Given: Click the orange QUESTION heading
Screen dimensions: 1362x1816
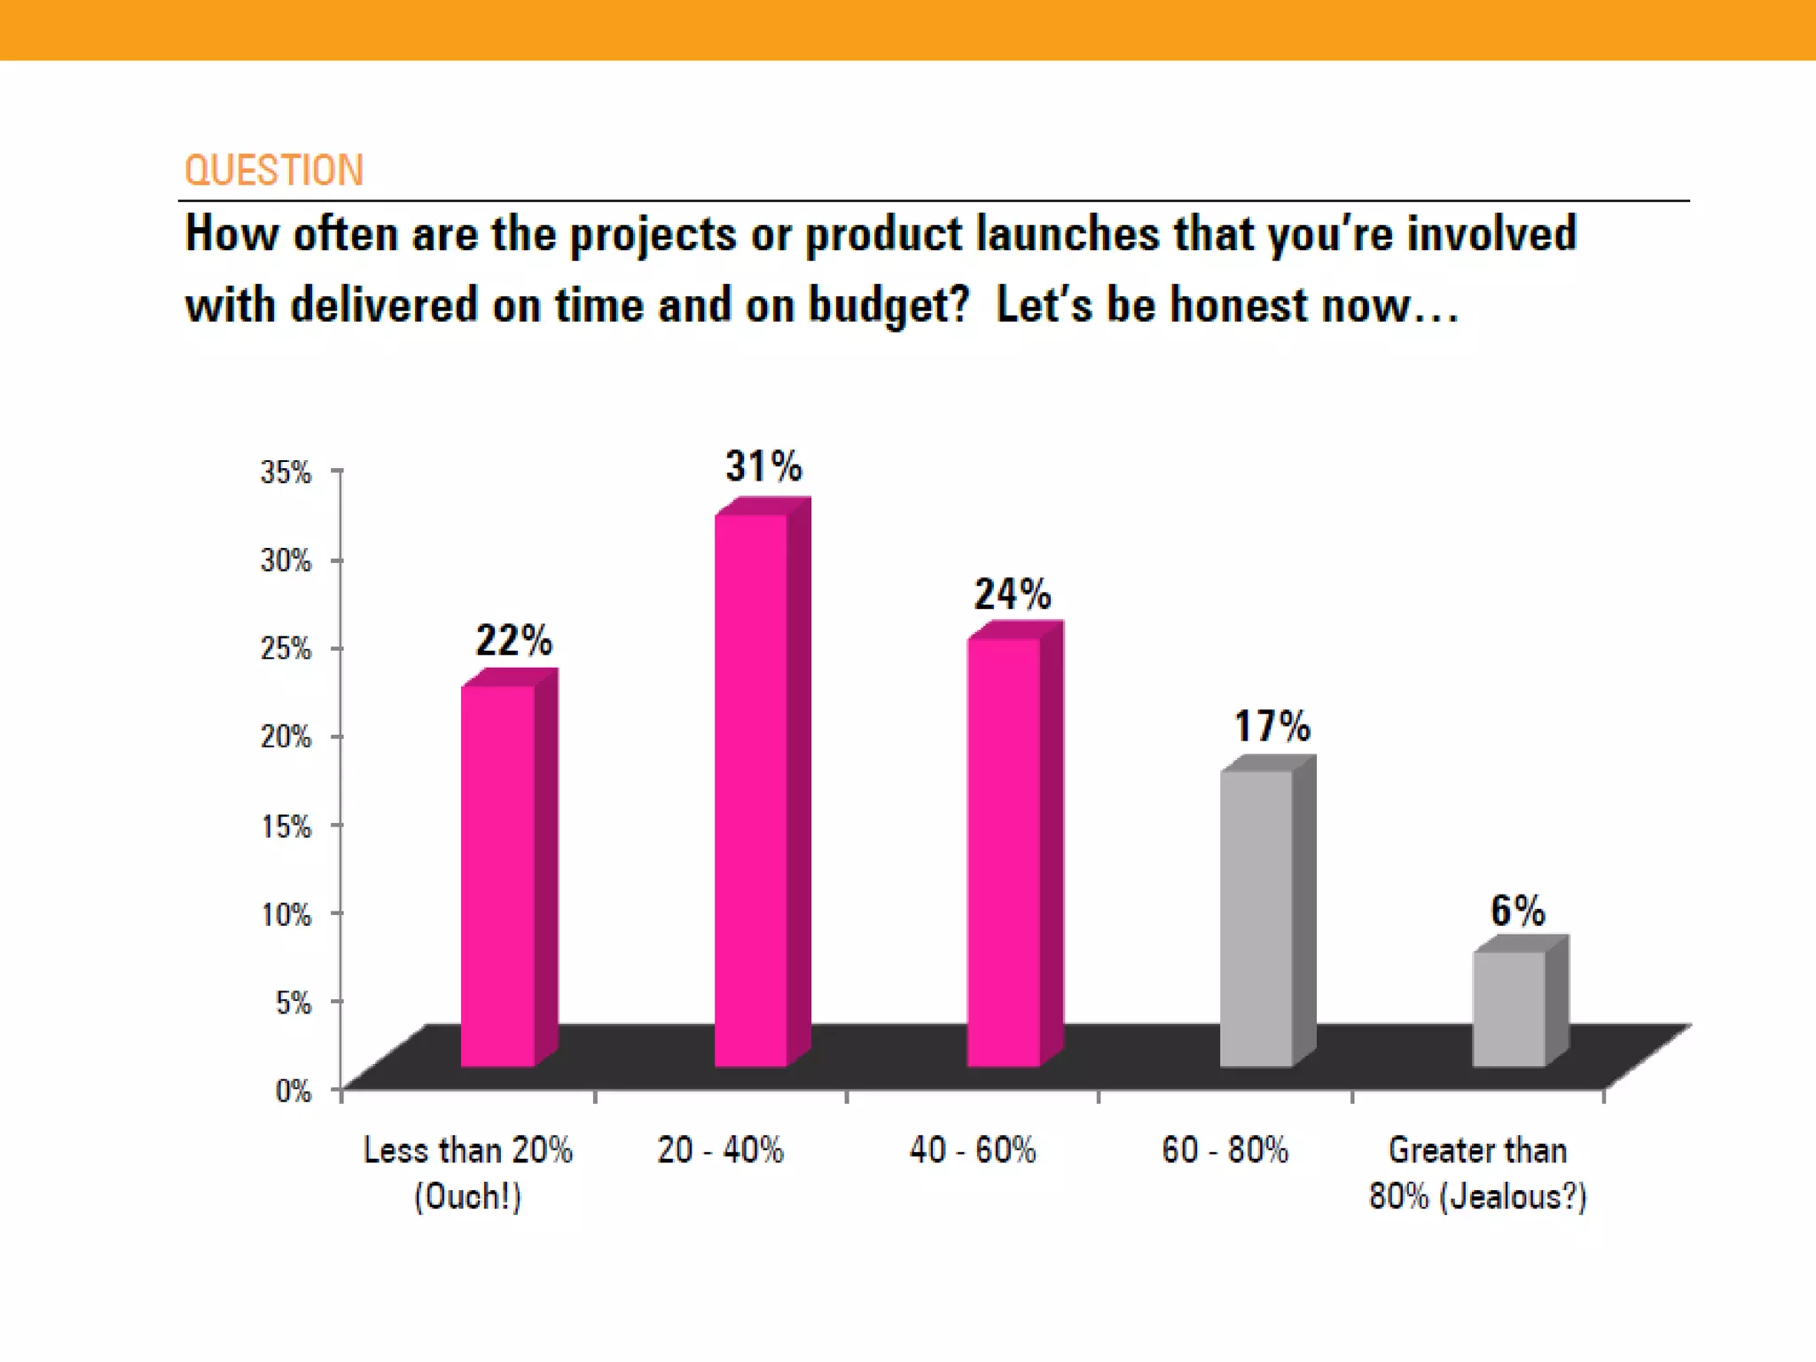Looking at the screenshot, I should pyautogui.click(x=273, y=170).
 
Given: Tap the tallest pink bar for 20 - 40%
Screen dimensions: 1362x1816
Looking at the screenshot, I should pyautogui.click(x=751, y=789).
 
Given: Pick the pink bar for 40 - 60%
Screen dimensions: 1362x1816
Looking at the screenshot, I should pyautogui.click(x=1004, y=851).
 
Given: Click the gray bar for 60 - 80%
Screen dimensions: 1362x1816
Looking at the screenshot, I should pyautogui.click(x=1256, y=918).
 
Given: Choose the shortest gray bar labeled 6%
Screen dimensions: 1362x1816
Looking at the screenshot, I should pyautogui.click(x=1509, y=1008).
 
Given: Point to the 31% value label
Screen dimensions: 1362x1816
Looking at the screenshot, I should pyautogui.click(x=763, y=466).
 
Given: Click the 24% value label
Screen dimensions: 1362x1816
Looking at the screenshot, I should pyautogui.click(x=1012, y=594).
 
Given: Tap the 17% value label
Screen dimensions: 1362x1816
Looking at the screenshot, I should pyautogui.click(x=1272, y=726).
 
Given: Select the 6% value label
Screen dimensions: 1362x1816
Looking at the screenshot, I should pyautogui.click(x=1517, y=911).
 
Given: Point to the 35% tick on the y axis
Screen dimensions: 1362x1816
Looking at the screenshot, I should pyautogui.click(x=286, y=472).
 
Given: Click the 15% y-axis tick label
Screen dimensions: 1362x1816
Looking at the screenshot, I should pyautogui.click(x=286, y=826).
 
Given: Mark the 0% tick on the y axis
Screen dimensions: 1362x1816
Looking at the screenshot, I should pyautogui.click(x=293, y=1090).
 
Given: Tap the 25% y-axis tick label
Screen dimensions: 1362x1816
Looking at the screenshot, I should pyautogui.click(x=286, y=648).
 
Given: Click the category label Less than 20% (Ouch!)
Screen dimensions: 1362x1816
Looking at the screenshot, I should pyautogui.click(x=468, y=1172).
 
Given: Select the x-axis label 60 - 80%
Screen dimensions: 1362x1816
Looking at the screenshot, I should pyautogui.click(x=1225, y=1150).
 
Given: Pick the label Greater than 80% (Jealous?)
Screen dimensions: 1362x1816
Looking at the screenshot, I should pyautogui.click(x=1477, y=1172).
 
